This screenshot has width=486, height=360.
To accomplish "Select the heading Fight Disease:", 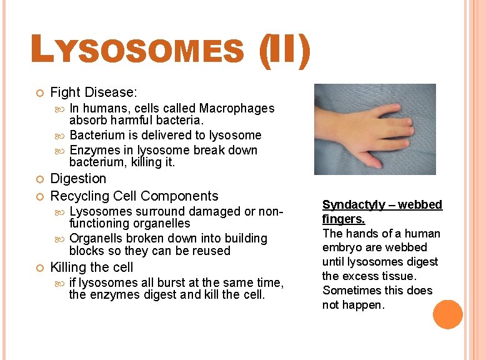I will point(93,92).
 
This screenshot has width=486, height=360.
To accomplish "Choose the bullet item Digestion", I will point(78,179).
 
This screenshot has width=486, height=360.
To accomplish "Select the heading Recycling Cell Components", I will point(134,196).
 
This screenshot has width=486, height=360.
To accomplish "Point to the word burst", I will point(164,282).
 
